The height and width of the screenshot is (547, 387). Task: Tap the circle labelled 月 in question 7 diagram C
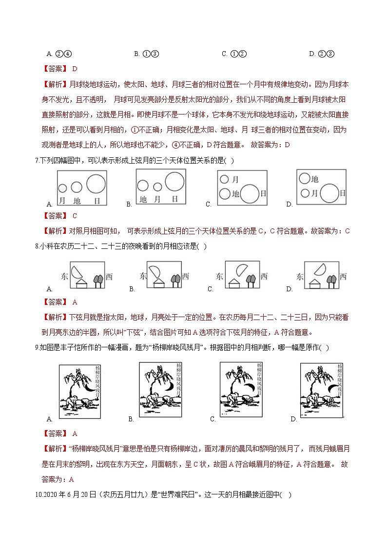pos(224,179)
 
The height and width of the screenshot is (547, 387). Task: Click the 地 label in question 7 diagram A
pos(76,200)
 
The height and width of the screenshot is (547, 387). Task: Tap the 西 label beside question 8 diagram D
pos(343,276)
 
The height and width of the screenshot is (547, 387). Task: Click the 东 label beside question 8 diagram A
pos(64,276)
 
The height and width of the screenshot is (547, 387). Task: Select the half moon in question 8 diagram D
pos(320,268)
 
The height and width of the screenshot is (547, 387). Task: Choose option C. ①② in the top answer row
pos(234,54)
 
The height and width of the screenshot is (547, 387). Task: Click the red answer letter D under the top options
pos(75,69)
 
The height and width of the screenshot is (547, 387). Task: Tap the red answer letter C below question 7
pos(75,216)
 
